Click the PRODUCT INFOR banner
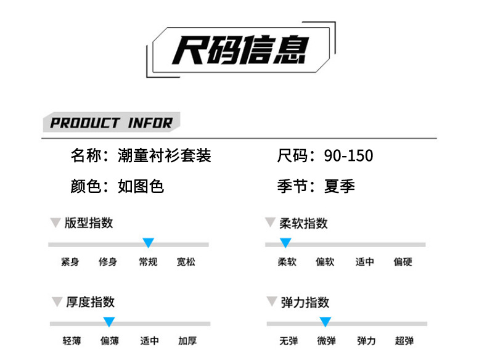[111, 122]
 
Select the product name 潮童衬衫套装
[165, 155]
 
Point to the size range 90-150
[349, 155]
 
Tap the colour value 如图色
[141, 186]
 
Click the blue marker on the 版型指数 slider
[148, 242]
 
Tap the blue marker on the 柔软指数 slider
[285, 242]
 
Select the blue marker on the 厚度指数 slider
[109, 321]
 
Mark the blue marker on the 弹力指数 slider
[325, 321]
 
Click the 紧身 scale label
[70, 262]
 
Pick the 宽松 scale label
[186, 262]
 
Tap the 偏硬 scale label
[403, 262]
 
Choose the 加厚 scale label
[187, 341]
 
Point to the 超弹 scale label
[404, 341]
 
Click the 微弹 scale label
[327, 341]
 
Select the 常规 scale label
[148, 262]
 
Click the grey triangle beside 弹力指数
[271, 302]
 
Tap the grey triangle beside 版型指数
[55, 223]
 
